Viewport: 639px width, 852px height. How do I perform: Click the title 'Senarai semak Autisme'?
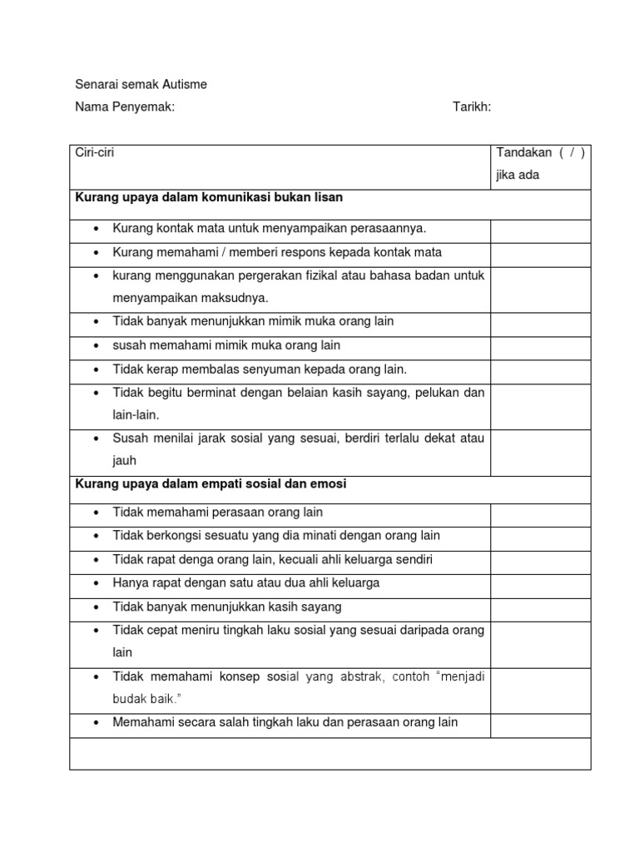click(x=141, y=84)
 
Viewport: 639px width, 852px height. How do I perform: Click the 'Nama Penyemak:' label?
click(x=125, y=106)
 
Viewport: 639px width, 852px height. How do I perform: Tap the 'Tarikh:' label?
click(x=472, y=106)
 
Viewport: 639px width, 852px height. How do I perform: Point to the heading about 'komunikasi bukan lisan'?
click(x=210, y=198)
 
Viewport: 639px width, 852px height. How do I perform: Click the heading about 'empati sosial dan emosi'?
click(x=211, y=483)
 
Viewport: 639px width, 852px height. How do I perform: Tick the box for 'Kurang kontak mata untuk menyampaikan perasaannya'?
click(x=540, y=228)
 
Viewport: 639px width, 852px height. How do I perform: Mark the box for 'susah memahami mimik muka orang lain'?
click(x=540, y=344)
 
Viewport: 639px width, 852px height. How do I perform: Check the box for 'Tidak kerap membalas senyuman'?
click(x=540, y=369)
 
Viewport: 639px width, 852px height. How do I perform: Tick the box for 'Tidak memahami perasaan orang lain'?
click(x=540, y=512)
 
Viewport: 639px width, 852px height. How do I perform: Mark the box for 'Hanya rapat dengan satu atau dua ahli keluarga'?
click(x=540, y=583)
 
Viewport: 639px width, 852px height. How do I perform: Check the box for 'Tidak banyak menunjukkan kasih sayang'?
click(x=540, y=607)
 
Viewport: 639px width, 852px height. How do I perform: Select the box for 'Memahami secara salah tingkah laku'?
click(x=540, y=723)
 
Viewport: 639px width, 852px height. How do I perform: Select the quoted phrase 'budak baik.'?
click(x=143, y=700)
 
